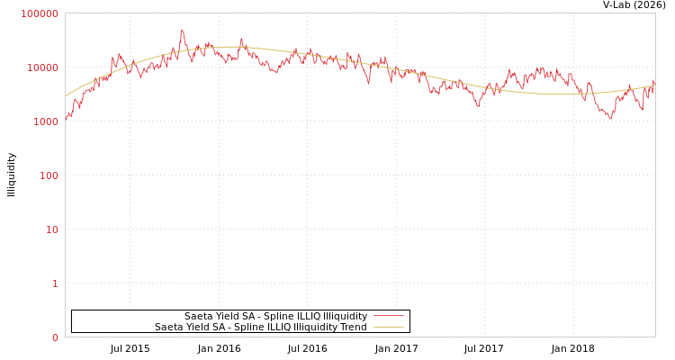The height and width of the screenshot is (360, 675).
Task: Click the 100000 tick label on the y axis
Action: (40, 13)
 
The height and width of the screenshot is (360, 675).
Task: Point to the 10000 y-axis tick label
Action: (42, 67)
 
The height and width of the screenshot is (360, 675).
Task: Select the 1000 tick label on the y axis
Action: (45, 121)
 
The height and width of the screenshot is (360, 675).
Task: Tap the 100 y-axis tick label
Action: (48, 175)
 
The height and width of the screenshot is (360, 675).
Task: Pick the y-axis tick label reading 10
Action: (51, 229)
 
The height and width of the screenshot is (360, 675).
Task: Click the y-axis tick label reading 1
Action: (55, 283)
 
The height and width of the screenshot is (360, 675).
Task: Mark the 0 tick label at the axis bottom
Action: (55, 337)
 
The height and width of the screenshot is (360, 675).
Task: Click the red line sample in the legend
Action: (388, 316)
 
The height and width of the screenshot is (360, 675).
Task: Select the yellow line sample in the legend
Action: (388, 327)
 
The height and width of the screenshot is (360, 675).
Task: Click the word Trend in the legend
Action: (352, 327)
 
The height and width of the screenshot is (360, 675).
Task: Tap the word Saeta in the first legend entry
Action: (199, 316)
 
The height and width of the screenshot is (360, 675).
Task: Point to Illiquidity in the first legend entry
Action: (338, 316)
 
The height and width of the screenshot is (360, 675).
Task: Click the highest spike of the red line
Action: (182, 30)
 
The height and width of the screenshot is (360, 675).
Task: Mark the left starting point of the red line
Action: (66, 120)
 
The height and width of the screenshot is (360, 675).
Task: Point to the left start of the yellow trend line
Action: (66, 95)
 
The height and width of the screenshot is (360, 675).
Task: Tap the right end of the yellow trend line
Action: (654, 85)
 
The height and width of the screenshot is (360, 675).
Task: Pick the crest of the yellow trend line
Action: (229, 47)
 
